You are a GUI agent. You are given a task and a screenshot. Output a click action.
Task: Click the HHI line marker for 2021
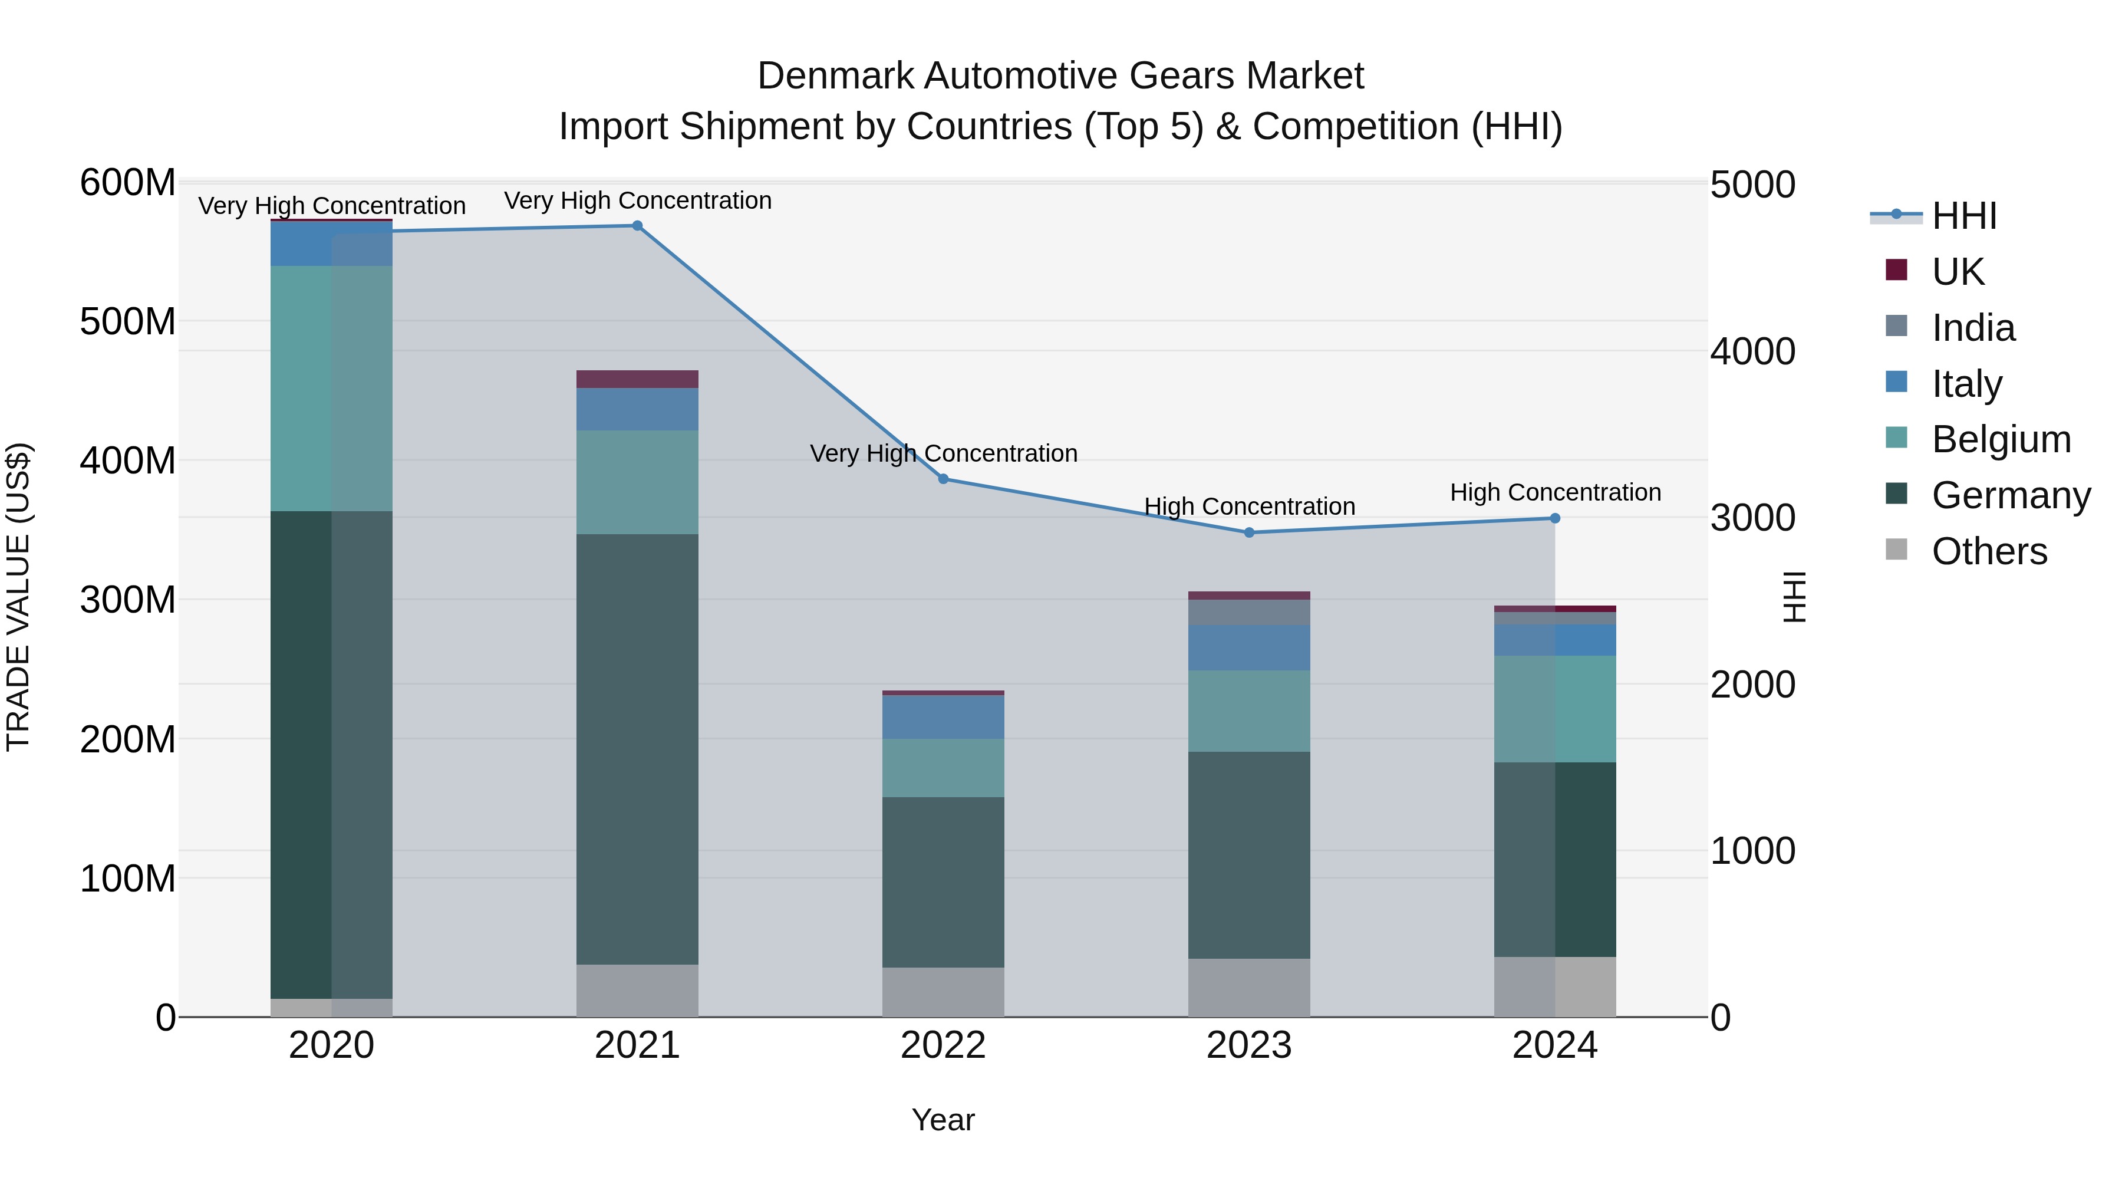[x=637, y=226]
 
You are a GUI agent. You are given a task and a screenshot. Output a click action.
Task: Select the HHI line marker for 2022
[x=943, y=479]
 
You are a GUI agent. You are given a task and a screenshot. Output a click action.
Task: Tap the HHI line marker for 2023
[x=1249, y=532]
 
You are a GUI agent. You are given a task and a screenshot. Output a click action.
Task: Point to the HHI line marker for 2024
[x=1554, y=518]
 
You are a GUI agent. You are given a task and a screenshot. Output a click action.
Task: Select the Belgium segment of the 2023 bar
[x=1249, y=711]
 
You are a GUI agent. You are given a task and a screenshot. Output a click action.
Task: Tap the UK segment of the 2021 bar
[x=637, y=379]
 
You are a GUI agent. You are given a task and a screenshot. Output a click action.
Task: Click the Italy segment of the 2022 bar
[x=943, y=717]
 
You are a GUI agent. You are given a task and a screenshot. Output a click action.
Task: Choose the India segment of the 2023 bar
[x=1249, y=612]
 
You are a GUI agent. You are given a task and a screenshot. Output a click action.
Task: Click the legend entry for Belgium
[x=2000, y=439]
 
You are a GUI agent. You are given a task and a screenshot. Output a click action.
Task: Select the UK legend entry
[x=1956, y=272]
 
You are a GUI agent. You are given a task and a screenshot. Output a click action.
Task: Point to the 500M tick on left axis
[x=128, y=321]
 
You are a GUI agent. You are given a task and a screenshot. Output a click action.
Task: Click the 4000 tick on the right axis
[x=1752, y=352]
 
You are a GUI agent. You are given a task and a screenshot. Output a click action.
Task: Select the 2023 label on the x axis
[x=1249, y=1045]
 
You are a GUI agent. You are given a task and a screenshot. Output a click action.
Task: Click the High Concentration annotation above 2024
[x=1554, y=493]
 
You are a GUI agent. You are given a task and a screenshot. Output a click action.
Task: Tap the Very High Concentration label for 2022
[x=943, y=454]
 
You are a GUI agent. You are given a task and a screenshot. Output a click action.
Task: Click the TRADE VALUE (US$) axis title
[x=18, y=597]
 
